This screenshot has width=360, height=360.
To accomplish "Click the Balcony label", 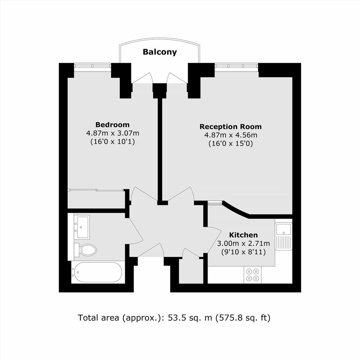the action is coord(160,52).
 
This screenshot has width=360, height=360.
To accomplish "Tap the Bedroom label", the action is coord(113,125).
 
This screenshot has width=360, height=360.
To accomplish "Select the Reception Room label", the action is coord(231,126).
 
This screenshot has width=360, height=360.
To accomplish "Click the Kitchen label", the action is coord(243,235).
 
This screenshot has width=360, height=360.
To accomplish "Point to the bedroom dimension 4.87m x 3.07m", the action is coord(113,133).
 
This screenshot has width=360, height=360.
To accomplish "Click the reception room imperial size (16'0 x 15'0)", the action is coord(231,144).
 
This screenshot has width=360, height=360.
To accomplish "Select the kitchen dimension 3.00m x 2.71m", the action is coord(243,243).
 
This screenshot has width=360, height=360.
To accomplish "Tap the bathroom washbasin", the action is coord(82,227).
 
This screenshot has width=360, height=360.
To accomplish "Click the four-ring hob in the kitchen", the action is coord(252,275).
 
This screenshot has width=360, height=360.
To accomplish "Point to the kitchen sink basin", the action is coord(283,229).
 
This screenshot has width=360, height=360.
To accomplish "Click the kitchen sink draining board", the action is coord(284,242).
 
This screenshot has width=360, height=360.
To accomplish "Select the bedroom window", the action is coord(93,65).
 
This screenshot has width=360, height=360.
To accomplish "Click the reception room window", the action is coord(236,65).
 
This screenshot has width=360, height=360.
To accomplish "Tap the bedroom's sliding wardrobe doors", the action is coord(96,190).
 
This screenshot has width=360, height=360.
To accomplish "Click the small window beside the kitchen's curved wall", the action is coord(215,203).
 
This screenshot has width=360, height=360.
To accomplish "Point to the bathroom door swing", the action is coord(136,231).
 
